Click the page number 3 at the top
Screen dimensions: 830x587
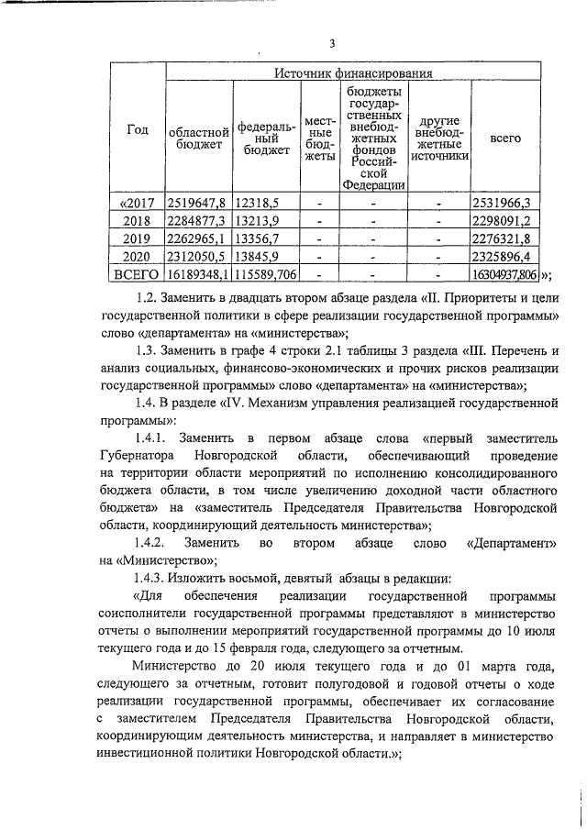click(x=333, y=42)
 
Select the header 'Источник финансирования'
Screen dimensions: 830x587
click(x=354, y=73)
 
